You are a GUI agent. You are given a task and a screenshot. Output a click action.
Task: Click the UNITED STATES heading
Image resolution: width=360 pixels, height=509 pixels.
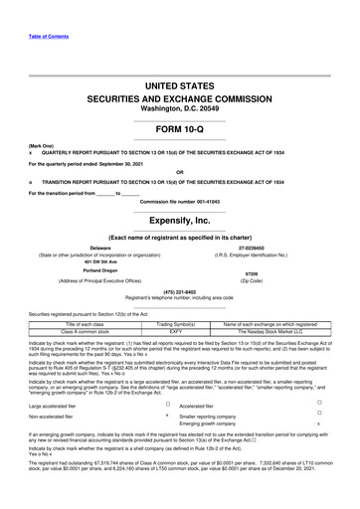pos(179,88)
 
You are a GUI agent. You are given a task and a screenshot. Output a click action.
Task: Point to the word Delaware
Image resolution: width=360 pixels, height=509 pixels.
pos(99,249)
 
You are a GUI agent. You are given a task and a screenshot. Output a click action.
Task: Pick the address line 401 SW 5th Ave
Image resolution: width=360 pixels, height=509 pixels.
pos(100,263)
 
